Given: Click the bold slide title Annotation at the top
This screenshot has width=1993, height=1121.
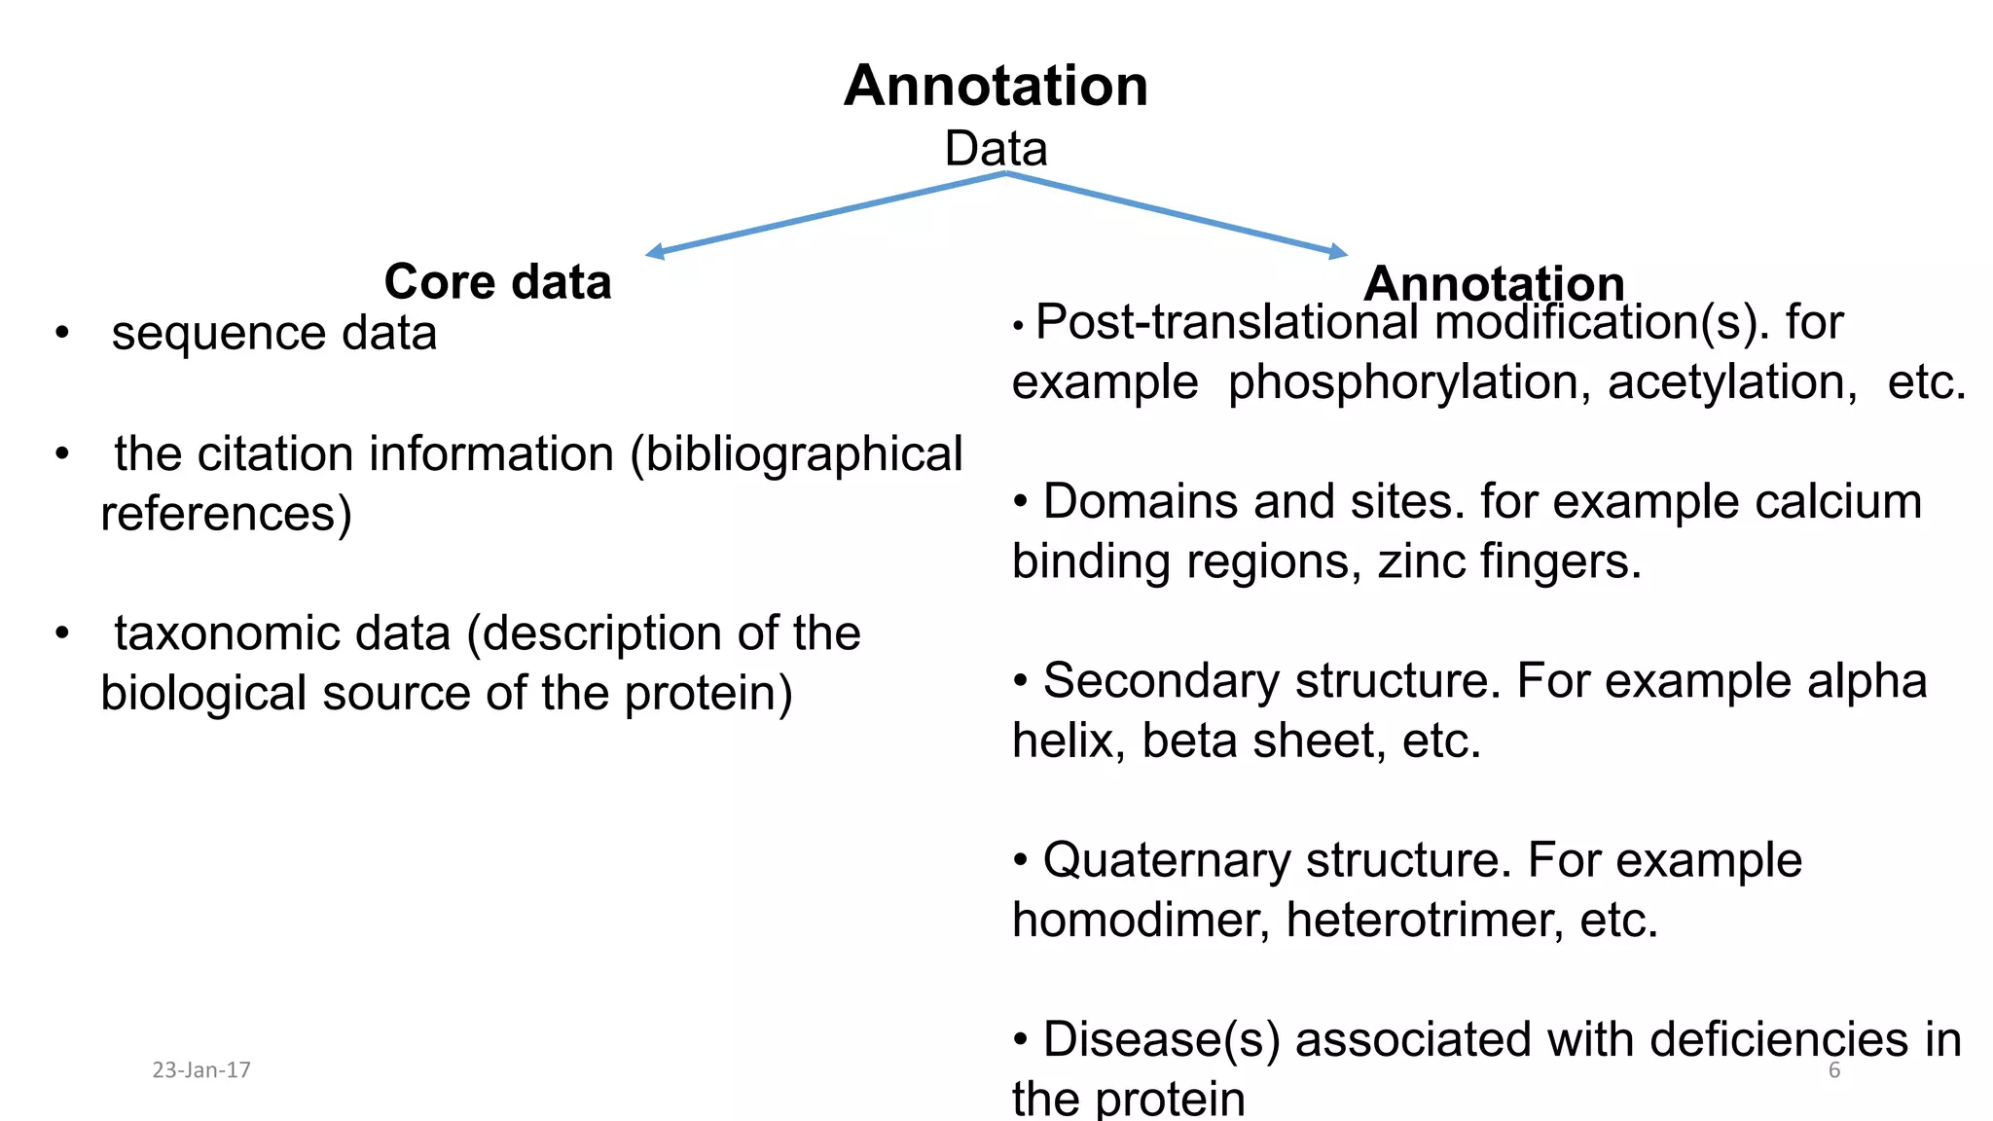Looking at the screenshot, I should pos(996,86).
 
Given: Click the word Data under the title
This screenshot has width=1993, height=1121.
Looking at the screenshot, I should pos(996,149).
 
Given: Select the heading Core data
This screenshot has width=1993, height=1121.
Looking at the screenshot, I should pos(497,281).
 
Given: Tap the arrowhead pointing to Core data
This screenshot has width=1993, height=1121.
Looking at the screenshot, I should pos(655,252).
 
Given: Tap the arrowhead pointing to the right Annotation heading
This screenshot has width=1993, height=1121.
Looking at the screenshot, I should pos(1339,252).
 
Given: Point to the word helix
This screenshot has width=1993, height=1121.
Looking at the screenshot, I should pos(1068,741).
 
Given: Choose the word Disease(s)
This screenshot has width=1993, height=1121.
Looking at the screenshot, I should pos(1161,1039).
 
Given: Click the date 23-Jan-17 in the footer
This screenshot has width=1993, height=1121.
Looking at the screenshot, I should pos(201,1070).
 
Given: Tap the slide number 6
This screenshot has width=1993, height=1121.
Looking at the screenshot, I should pos(1834,1070).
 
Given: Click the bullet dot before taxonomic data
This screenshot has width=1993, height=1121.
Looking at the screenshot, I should pos(62,633).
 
